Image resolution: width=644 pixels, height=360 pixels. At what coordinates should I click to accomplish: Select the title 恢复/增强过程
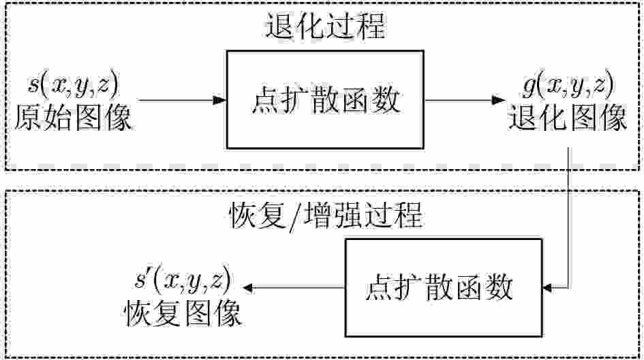coord(324,216)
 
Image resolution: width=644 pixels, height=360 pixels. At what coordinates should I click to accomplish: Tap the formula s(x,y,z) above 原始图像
coord(72,85)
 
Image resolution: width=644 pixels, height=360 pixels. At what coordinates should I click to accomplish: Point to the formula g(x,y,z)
coord(568,85)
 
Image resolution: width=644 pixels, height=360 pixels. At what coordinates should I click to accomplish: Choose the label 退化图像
coord(568,119)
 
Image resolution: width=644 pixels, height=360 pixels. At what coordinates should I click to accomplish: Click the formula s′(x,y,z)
coord(181,280)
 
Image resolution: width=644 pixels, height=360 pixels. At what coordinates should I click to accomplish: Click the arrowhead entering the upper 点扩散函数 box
coord(219,100)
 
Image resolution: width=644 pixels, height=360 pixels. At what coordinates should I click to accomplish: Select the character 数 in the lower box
coord(502,287)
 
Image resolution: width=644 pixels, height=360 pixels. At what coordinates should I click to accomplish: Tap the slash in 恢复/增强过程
coord(298,217)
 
